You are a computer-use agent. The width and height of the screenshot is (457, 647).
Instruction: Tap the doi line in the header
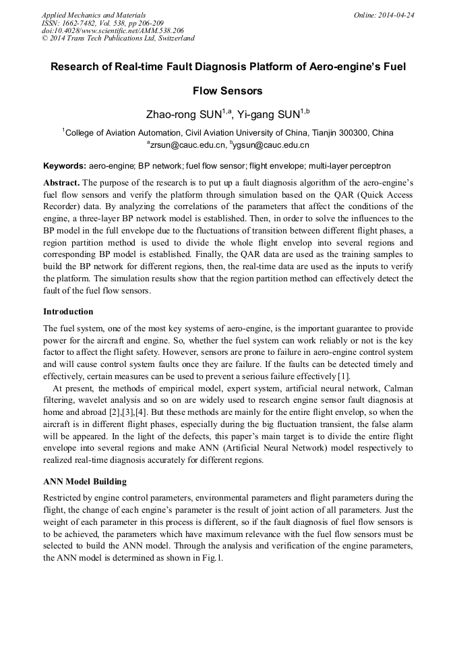112,30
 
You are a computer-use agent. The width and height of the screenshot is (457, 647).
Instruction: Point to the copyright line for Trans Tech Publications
118,38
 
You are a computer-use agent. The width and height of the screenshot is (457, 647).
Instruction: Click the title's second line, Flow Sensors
228,90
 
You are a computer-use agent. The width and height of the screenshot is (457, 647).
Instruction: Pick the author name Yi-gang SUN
268,114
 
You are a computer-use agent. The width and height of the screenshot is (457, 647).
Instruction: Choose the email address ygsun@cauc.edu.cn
271,145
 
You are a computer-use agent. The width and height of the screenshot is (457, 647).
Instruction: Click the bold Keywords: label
65,165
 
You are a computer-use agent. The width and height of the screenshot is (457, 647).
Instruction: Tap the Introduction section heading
68,312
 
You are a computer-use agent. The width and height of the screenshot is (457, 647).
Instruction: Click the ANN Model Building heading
84,482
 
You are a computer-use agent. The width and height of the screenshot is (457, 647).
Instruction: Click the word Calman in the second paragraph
397,389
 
